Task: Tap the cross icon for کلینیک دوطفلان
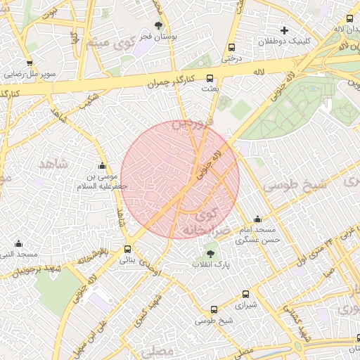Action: pyautogui.click(x=284, y=30)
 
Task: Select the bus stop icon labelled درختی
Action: pyautogui.click(x=231, y=48)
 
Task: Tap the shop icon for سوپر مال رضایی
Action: pyautogui.click(x=32, y=63)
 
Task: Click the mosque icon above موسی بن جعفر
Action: pyautogui.click(x=103, y=167)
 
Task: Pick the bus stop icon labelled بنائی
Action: pyautogui.click(x=127, y=249)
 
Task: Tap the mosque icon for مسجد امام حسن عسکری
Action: pyautogui.click(x=257, y=219)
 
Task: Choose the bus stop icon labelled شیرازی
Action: pyautogui.click(x=245, y=295)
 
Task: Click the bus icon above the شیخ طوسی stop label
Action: pyautogui.click(x=214, y=309)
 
